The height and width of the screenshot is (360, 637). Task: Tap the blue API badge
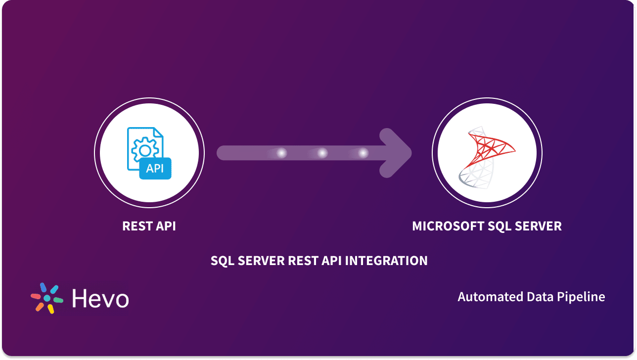155,168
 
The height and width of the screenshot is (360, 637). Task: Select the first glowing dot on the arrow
281,153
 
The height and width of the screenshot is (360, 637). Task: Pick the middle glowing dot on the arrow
322,153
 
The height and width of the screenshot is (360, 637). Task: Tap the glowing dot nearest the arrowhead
363,153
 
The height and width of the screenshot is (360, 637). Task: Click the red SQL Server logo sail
490,150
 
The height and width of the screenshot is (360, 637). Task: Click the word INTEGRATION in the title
386,261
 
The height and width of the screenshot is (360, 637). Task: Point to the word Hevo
100,298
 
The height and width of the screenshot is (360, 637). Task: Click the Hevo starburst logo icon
47,298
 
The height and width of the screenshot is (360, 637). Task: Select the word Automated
491,297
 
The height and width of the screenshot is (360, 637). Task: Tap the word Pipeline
581,297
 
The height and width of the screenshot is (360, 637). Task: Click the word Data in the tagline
540,297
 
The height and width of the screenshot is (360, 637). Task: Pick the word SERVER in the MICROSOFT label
538,226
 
